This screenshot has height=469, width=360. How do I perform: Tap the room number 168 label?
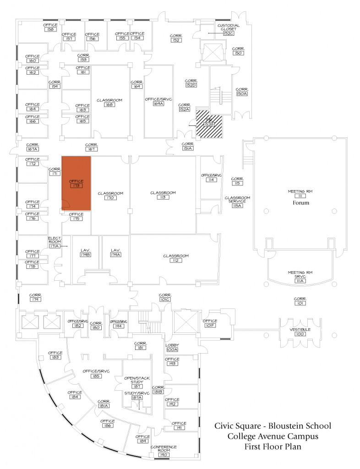pyautogui.click(x=109, y=105)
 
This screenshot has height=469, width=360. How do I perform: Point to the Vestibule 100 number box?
pyautogui.click(x=300, y=334)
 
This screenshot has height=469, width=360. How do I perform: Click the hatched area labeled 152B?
pyautogui.click(x=209, y=125)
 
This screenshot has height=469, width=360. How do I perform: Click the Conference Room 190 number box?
pyautogui.click(x=164, y=454)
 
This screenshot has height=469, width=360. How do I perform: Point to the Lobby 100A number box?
pyautogui.click(x=172, y=350)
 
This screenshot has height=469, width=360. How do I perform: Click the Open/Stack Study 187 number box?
pyautogui.click(x=137, y=387)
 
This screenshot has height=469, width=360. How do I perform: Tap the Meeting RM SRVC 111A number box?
pyautogui.click(x=300, y=280)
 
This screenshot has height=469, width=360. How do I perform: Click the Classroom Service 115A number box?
pyautogui.click(x=237, y=206)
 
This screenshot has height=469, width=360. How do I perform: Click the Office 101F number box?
pyautogui.click(x=210, y=326)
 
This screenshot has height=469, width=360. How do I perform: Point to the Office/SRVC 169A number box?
pyautogui.click(x=158, y=104)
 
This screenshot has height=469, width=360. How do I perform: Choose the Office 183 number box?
pyautogui.click(x=55, y=357)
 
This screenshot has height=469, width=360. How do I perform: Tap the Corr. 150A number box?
pyautogui.click(x=241, y=94)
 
